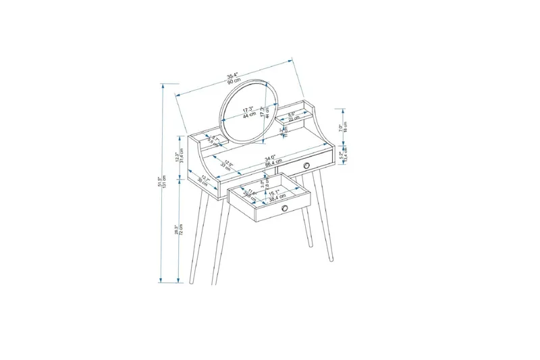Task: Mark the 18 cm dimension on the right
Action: point(346,126)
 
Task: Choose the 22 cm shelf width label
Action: point(292,118)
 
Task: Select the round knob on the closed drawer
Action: point(306,165)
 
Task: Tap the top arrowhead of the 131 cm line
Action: point(161,84)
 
